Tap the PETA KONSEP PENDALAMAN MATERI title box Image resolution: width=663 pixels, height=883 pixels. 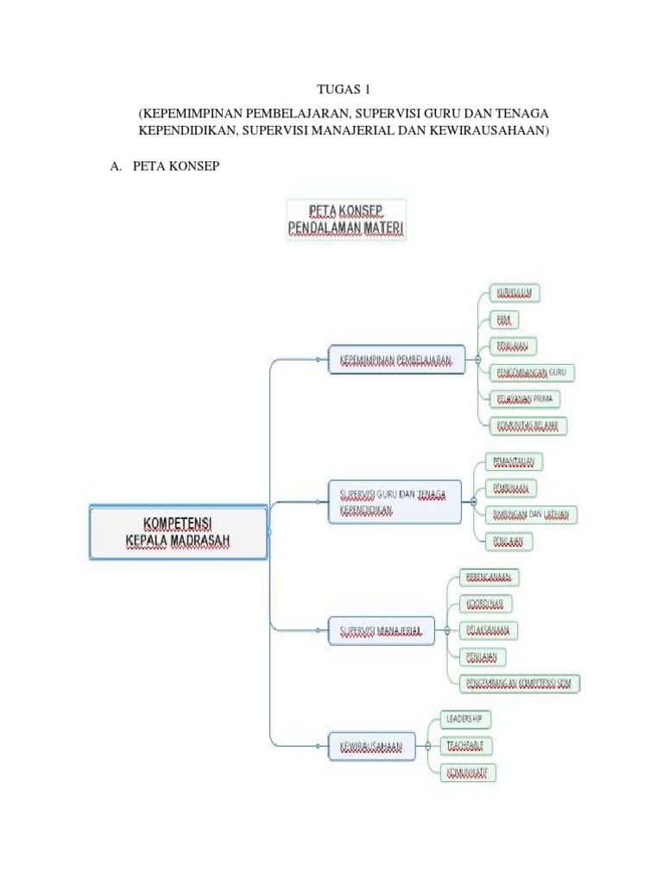pos(346,220)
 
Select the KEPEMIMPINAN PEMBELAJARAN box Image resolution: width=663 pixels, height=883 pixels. pos(396,360)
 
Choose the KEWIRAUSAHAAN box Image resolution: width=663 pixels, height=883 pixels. pos(372,746)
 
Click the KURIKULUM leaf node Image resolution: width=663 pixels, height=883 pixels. pos(515,293)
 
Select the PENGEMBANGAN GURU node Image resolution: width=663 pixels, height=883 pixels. pos(532,373)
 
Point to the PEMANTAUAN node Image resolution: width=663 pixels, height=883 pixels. pos(515,461)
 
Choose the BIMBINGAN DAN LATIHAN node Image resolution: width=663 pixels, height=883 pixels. pos(531,515)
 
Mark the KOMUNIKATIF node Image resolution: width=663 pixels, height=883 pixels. pos(471,771)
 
